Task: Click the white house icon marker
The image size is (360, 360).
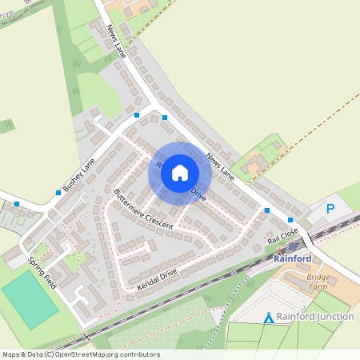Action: point(180,171)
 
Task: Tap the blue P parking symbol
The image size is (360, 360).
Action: point(330,210)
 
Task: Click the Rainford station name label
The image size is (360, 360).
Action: point(292,258)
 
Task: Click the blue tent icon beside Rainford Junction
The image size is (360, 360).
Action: point(269,318)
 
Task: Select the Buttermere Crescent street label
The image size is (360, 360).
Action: point(143,210)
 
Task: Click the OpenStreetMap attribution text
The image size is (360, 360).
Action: point(80,354)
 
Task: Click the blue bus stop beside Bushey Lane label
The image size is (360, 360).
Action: point(58,192)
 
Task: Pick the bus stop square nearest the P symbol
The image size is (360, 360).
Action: point(290,219)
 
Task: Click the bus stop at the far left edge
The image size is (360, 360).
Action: point(17,204)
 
